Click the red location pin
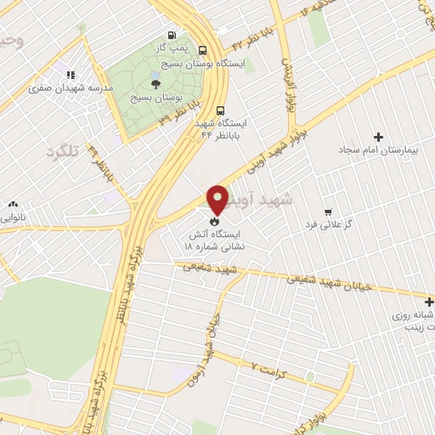coord(217,201)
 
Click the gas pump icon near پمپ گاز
coord(172,37)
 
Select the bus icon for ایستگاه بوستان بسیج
coord(201,50)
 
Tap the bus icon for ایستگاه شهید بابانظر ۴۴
coord(220,110)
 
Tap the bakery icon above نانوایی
coord(13,205)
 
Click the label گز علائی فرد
coord(329,224)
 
